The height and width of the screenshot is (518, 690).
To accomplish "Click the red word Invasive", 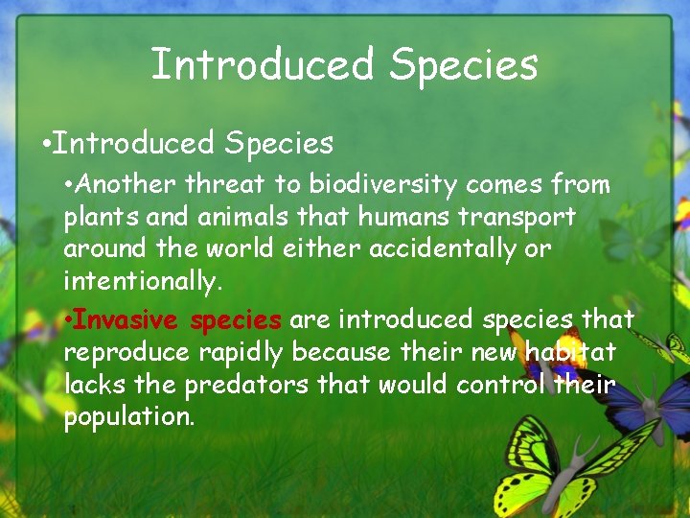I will [x=127, y=318].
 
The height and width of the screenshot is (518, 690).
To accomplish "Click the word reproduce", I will [x=127, y=354].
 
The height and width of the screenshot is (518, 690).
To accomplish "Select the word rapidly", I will [x=241, y=354].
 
